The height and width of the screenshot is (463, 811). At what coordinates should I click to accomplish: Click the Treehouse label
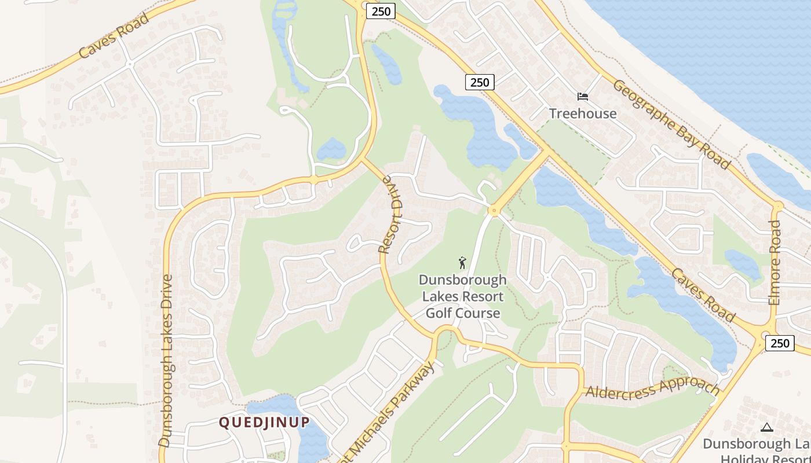coord(583,113)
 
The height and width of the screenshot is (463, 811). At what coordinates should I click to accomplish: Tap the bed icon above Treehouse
coord(583,97)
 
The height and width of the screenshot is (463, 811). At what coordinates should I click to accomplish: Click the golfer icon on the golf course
coord(462,263)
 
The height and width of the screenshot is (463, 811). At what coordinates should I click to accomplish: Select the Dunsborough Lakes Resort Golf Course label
coord(463,296)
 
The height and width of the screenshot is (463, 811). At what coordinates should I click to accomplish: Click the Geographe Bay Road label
coord(671,124)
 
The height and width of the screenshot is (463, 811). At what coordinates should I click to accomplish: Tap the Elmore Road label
coord(775,262)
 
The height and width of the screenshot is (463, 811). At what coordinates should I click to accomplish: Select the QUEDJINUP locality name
coord(264,422)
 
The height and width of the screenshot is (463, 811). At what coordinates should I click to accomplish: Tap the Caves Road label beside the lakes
coord(704,295)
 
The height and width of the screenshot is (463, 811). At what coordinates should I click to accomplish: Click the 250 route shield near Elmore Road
coord(780,343)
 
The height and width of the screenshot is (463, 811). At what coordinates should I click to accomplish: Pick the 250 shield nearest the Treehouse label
coord(480,82)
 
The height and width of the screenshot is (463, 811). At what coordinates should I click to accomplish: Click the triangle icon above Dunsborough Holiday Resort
coord(766,428)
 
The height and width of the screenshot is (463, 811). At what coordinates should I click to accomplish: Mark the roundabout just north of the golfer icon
coord(494,211)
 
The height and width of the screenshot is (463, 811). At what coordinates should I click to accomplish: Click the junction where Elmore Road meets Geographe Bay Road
coord(777,205)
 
